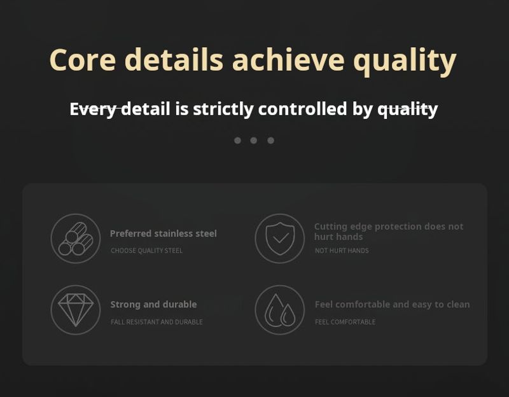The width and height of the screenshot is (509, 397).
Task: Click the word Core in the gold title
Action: click(x=83, y=60)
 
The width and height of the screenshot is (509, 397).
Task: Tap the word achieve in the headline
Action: click(x=288, y=59)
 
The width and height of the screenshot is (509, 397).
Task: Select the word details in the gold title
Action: click(x=174, y=59)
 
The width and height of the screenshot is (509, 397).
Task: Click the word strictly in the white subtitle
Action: click(x=223, y=109)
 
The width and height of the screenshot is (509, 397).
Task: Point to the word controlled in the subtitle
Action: click(x=303, y=108)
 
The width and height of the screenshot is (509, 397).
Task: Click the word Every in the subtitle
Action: click(x=93, y=109)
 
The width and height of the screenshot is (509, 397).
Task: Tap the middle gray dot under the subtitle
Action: click(x=253, y=140)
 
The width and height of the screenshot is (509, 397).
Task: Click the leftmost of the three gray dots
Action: click(x=237, y=140)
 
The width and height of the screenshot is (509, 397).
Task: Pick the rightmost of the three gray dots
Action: click(x=271, y=140)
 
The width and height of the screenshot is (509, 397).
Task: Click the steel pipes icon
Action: click(x=76, y=239)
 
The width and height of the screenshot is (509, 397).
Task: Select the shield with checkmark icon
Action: click(x=280, y=239)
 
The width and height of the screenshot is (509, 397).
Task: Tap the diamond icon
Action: click(x=76, y=310)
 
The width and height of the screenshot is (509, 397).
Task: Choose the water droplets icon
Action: click(x=280, y=310)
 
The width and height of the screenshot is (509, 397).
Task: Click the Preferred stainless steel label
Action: click(x=164, y=233)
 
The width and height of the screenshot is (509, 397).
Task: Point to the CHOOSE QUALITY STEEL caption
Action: click(x=146, y=251)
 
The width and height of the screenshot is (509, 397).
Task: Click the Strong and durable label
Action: click(x=153, y=305)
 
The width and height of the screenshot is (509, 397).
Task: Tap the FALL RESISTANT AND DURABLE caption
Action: click(x=157, y=322)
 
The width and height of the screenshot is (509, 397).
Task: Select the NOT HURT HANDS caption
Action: click(x=342, y=251)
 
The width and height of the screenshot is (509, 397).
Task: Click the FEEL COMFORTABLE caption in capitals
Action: click(x=345, y=322)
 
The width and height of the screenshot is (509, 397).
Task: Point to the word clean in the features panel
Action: click(x=458, y=305)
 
